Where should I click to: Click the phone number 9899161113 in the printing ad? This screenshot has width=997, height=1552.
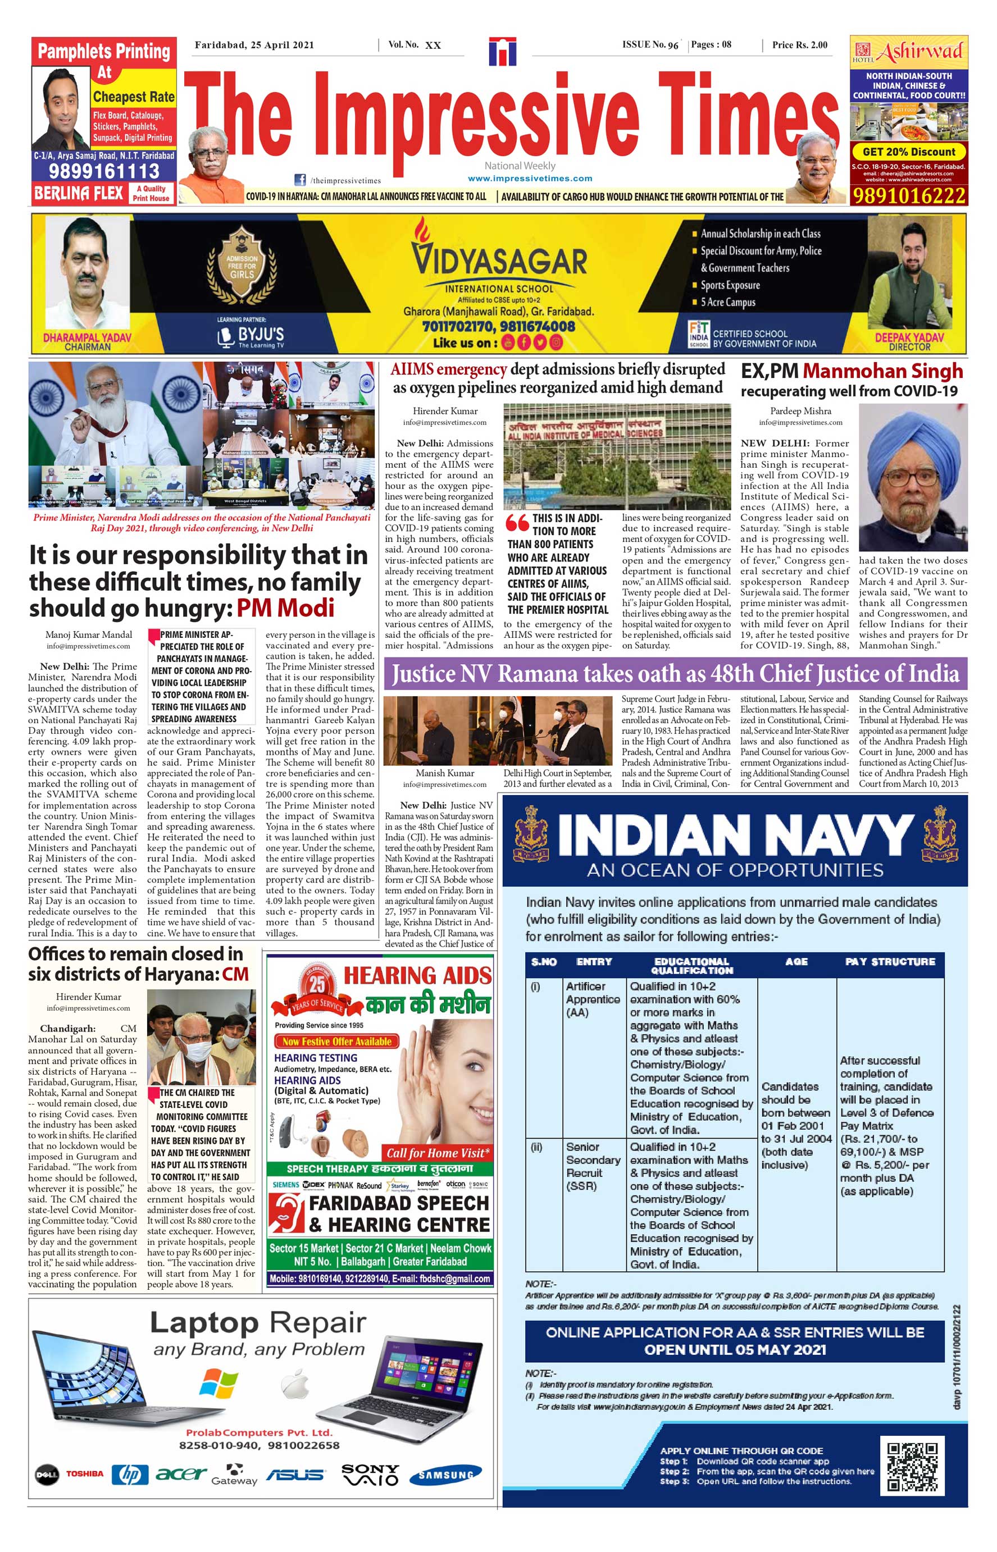coord(103,171)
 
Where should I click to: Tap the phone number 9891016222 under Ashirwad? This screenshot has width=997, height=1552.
coord(908,195)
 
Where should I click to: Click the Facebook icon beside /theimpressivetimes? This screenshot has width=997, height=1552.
coord(300,180)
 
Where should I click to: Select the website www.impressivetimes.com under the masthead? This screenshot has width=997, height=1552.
coord(530,178)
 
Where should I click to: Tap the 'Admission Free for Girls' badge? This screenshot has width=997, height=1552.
coord(242,266)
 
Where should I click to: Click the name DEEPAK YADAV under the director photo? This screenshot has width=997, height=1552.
coord(909,337)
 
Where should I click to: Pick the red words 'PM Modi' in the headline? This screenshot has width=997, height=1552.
coord(285,608)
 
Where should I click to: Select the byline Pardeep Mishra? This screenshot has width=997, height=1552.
coord(800,411)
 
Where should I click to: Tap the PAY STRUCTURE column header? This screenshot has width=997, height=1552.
coord(890,962)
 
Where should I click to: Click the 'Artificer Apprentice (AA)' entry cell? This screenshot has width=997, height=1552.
coord(593,999)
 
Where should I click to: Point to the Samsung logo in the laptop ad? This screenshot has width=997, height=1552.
coord(445,1474)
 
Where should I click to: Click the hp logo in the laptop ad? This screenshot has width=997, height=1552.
coord(130,1474)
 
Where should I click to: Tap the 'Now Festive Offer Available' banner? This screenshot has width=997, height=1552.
coord(336,1042)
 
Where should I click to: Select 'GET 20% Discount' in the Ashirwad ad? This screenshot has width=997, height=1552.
coord(908,152)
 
